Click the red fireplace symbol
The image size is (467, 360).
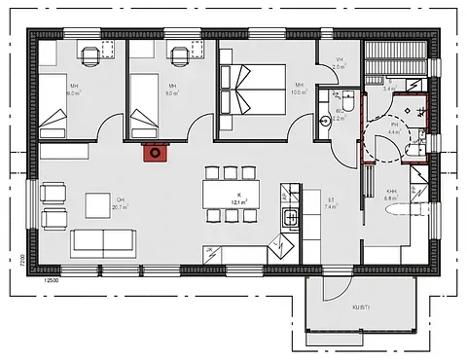click(x=156, y=150)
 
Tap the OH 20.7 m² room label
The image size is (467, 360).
click(x=120, y=203)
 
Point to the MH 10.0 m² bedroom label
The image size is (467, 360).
click(x=299, y=90)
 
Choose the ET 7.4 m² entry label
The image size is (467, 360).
click(x=330, y=203)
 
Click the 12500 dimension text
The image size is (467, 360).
click(x=51, y=280)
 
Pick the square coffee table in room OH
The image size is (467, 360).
click(x=98, y=205)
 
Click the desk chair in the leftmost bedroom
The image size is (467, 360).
click(x=90, y=55)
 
